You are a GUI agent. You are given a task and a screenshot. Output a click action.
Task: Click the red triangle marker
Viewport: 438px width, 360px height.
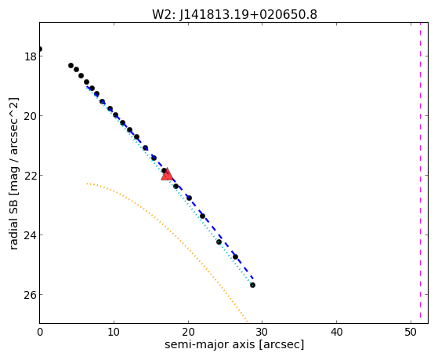pyautogui.click(x=167, y=174)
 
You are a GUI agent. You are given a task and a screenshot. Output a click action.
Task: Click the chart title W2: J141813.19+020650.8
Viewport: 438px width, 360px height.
pyautogui.click(x=234, y=15)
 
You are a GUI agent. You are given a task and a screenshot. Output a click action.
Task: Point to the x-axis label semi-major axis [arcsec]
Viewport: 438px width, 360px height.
pyautogui.click(x=234, y=344)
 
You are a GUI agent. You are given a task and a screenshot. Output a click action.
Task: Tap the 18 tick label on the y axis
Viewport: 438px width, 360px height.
pyautogui.click(x=30, y=56)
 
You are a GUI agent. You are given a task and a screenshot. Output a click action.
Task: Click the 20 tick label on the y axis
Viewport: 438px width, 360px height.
pyautogui.click(x=30, y=116)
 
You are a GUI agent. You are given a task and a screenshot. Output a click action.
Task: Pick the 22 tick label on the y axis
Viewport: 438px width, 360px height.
pyautogui.click(x=30, y=176)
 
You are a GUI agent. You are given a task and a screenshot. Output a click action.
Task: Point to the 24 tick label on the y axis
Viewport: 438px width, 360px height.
pyautogui.click(x=30, y=235)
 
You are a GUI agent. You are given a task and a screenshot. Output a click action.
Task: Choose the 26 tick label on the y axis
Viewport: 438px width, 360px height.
pyautogui.click(x=30, y=295)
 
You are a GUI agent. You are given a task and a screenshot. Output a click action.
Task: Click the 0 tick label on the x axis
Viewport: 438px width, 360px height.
pyautogui.click(x=40, y=333)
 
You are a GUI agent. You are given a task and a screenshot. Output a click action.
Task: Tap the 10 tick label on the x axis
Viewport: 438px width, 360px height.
pyautogui.click(x=114, y=333)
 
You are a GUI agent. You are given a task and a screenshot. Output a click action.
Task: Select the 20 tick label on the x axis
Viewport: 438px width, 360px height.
pyautogui.click(x=188, y=333)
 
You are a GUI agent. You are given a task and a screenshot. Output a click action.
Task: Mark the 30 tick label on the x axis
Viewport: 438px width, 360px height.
pyautogui.click(x=262, y=333)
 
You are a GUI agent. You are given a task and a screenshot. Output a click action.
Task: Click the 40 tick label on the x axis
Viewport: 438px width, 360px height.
pyautogui.click(x=337, y=333)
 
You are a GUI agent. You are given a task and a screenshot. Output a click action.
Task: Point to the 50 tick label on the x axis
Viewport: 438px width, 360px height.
pyautogui.click(x=411, y=333)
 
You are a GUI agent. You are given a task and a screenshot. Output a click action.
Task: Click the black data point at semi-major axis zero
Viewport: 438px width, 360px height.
pyautogui.click(x=40, y=49)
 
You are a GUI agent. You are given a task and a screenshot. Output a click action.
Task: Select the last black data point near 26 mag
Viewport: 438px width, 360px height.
pyautogui.click(x=252, y=285)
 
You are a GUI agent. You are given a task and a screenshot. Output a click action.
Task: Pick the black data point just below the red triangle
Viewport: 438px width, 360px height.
pyautogui.click(x=176, y=186)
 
